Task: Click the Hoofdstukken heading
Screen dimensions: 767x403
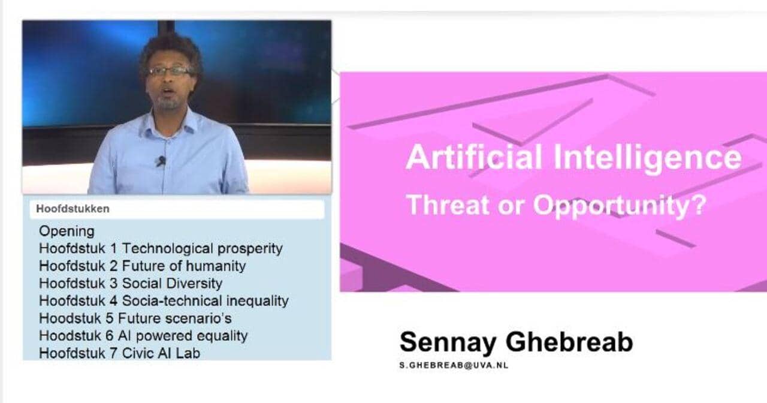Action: [x=73, y=209]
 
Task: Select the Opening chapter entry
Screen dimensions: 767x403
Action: [x=67, y=231]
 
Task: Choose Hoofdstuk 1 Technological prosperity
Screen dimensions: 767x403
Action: [x=161, y=249]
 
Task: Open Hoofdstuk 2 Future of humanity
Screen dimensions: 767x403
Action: [x=143, y=266]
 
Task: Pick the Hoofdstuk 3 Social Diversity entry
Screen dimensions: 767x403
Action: [x=131, y=284]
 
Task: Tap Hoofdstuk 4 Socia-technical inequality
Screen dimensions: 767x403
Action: [x=164, y=301]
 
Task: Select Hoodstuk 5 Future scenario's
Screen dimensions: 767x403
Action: [x=135, y=318]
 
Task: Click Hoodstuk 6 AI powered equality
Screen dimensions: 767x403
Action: [x=143, y=336]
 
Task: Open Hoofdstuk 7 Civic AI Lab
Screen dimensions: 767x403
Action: [x=119, y=353]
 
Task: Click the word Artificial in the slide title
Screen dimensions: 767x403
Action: [x=474, y=157]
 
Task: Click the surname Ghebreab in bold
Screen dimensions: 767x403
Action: [x=569, y=342]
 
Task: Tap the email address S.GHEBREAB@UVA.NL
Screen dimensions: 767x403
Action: [x=454, y=365]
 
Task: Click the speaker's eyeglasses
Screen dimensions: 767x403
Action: [x=170, y=71]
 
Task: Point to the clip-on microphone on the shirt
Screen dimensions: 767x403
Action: [x=161, y=161]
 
